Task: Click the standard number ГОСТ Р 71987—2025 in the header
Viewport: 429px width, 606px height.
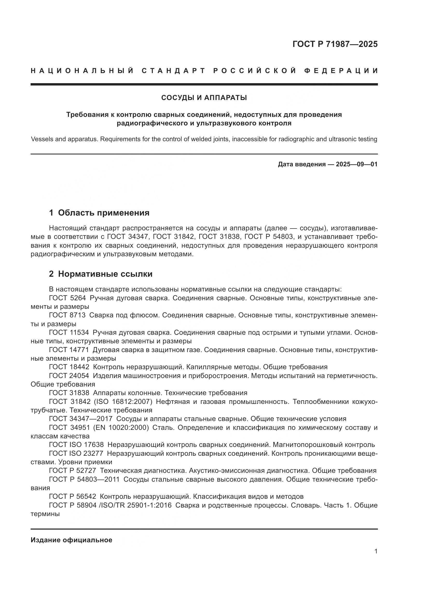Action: (x=335, y=44)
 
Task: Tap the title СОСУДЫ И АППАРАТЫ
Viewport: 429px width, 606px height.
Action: (x=204, y=98)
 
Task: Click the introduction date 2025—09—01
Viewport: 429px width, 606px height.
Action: (x=356, y=165)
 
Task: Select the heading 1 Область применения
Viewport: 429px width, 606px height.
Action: (x=99, y=213)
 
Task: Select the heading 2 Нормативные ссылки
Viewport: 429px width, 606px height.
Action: (x=101, y=274)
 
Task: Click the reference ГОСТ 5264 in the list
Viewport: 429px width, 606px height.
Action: (x=67, y=298)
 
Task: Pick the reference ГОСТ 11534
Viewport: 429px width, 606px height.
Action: (x=69, y=332)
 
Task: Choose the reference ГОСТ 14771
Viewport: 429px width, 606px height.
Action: (x=69, y=350)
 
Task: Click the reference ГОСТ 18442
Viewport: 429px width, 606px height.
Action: (x=69, y=367)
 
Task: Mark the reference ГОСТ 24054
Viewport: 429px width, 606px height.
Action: (x=69, y=376)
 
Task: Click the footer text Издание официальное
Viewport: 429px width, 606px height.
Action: (x=71, y=540)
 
